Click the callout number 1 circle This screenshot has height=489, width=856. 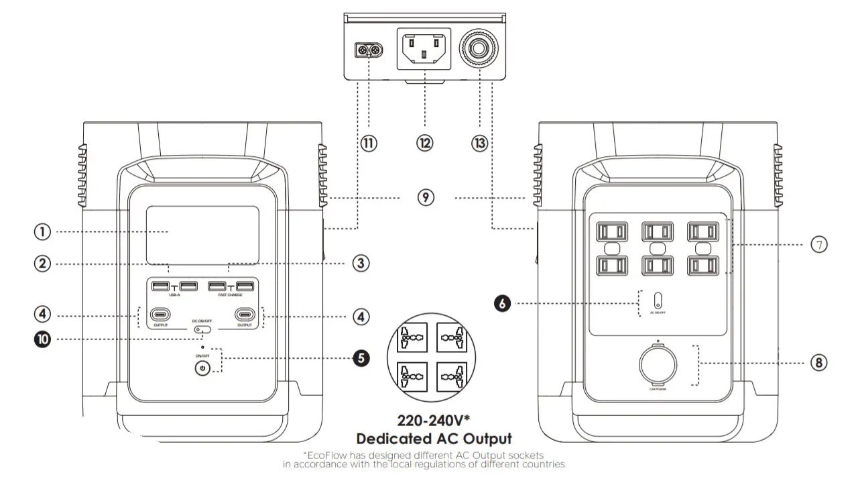[x=42, y=232]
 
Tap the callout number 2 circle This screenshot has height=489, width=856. [x=42, y=264]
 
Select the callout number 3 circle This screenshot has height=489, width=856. [x=361, y=264]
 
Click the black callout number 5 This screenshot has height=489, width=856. [x=361, y=358]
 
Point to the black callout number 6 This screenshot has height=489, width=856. [x=504, y=303]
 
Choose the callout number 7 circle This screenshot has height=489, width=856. [x=818, y=245]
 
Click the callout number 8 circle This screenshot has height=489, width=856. [x=818, y=363]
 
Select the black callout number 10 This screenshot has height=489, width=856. [x=42, y=339]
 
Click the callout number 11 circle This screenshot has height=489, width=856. [x=369, y=142]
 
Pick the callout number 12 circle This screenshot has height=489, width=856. [x=424, y=142]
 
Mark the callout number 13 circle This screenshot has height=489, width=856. [x=479, y=142]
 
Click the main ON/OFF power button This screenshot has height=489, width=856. [x=202, y=368]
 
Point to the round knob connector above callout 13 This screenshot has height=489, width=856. [x=479, y=50]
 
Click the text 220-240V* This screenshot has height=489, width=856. [x=434, y=421]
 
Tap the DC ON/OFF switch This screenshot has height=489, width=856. [x=202, y=330]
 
